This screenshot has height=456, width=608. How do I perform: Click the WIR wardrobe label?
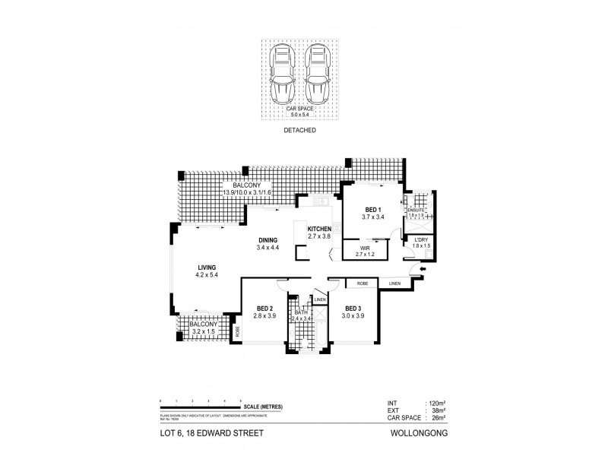[366, 246]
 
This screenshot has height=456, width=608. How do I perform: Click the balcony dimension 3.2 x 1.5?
[203, 331]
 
